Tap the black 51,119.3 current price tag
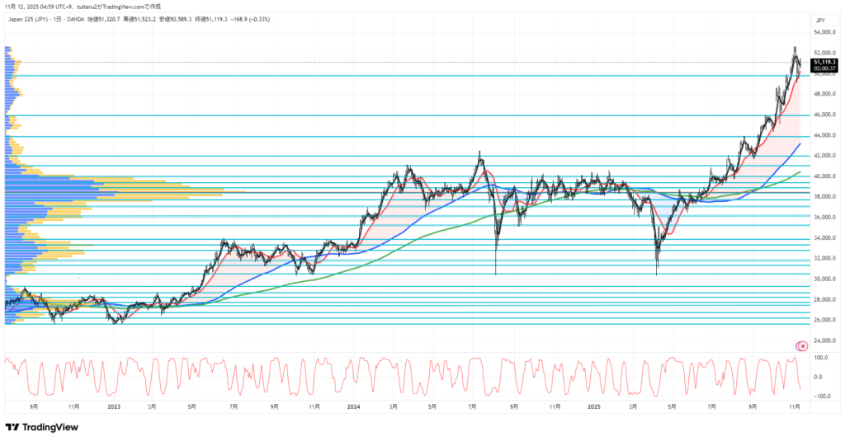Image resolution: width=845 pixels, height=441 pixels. (x=824, y=62)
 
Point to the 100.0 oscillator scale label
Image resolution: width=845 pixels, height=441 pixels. (x=821, y=358)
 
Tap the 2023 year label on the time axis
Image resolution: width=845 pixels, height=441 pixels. (x=114, y=406)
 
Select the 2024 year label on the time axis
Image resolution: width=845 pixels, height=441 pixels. (x=353, y=406)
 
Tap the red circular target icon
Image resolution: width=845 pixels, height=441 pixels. (x=801, y=345)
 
